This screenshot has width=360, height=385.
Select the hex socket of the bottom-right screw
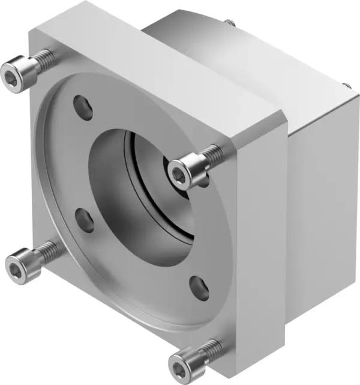point(181,363)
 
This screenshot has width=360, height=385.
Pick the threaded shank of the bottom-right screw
point(208,347)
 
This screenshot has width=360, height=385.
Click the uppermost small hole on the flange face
point(83,106)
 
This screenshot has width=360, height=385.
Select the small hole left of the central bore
point(85,220)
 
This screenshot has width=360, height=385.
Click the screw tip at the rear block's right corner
point(346,86)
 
